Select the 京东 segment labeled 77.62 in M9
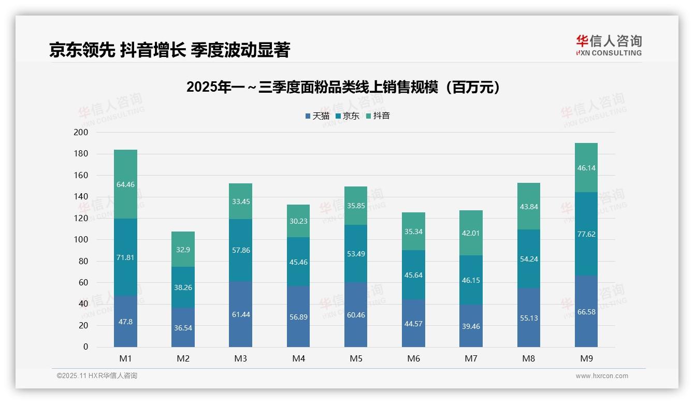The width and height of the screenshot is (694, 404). click(586, 234)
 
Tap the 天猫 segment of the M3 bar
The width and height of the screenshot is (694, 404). click(240, 314)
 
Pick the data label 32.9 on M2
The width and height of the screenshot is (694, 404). click(183, 249)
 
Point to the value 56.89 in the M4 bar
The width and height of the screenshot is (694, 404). click(298, 317)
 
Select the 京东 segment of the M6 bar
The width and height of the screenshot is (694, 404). click(413, 275)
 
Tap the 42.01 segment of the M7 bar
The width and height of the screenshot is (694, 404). click(471, 233)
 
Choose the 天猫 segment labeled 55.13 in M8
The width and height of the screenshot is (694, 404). click(528, 318)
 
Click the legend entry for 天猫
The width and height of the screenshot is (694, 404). click(317, 116)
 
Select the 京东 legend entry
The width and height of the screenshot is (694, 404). click(348, 116)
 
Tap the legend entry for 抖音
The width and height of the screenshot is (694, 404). click(378, 116)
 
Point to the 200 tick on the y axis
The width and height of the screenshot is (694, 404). click(81, 133)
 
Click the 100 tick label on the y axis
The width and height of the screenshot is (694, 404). click(81, 240)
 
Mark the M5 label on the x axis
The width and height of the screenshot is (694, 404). click(356, 358)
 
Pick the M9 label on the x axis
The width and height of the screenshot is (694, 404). click(586, 358)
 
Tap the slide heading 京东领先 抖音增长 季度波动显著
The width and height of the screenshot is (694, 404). click(169, 50)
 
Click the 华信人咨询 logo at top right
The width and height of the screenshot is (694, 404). click(609, 45)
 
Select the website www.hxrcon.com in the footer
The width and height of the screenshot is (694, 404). click(601, 376)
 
